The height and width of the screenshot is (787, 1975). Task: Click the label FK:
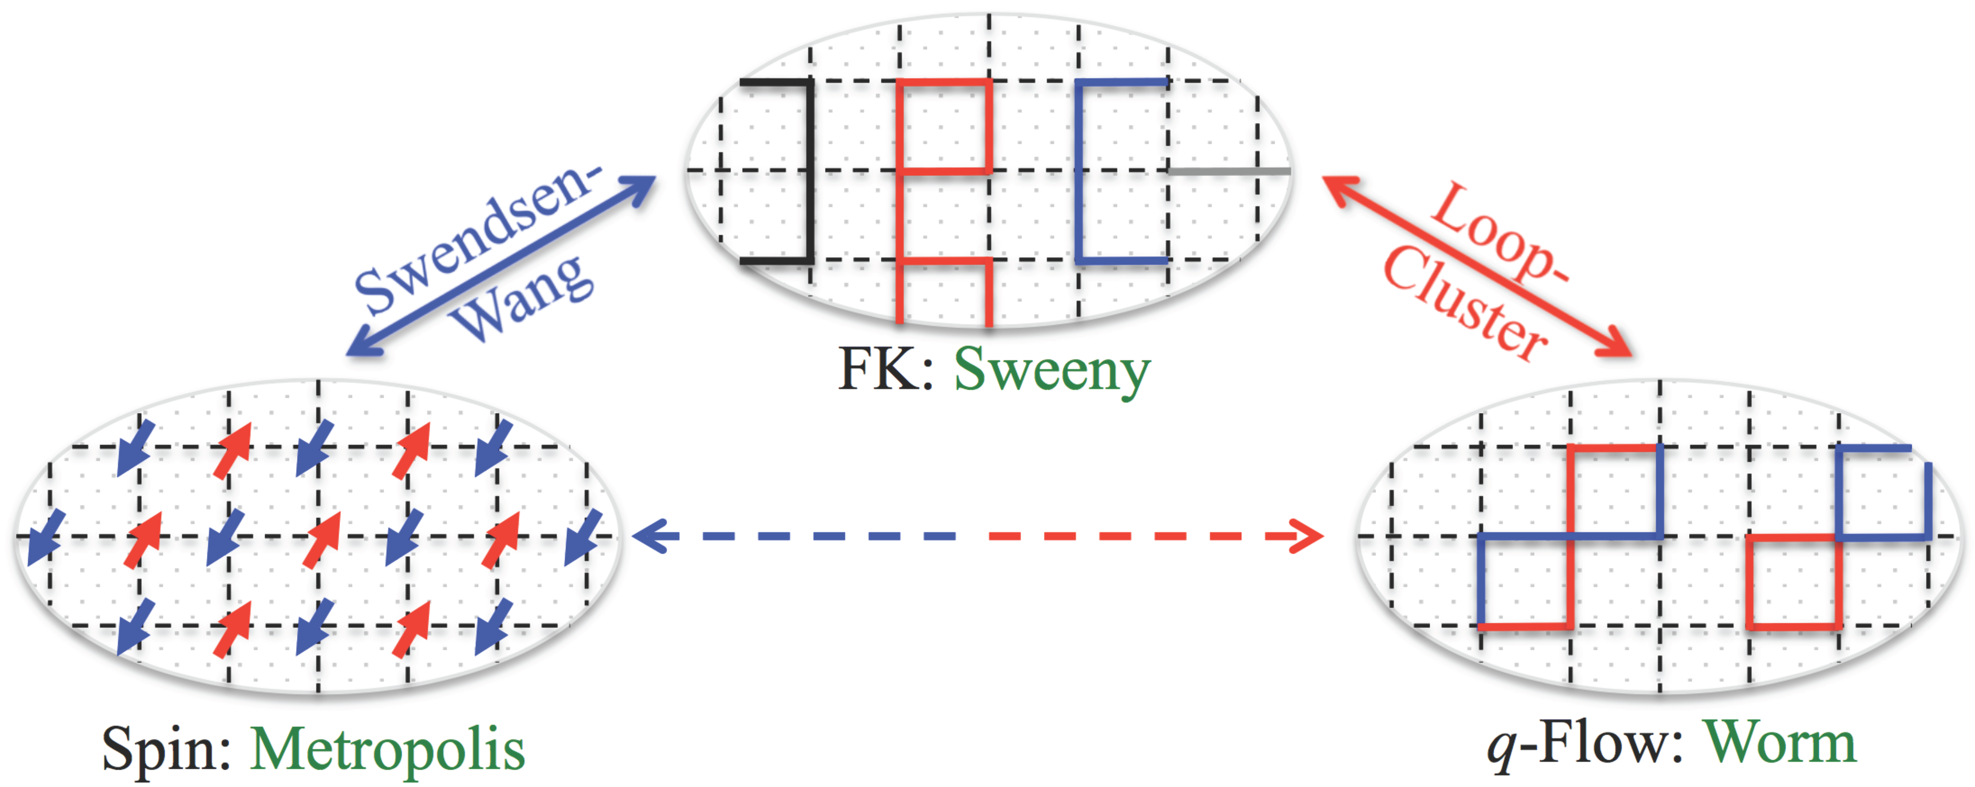click(886, 370)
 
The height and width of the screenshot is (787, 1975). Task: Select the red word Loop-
click(1499, 234)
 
